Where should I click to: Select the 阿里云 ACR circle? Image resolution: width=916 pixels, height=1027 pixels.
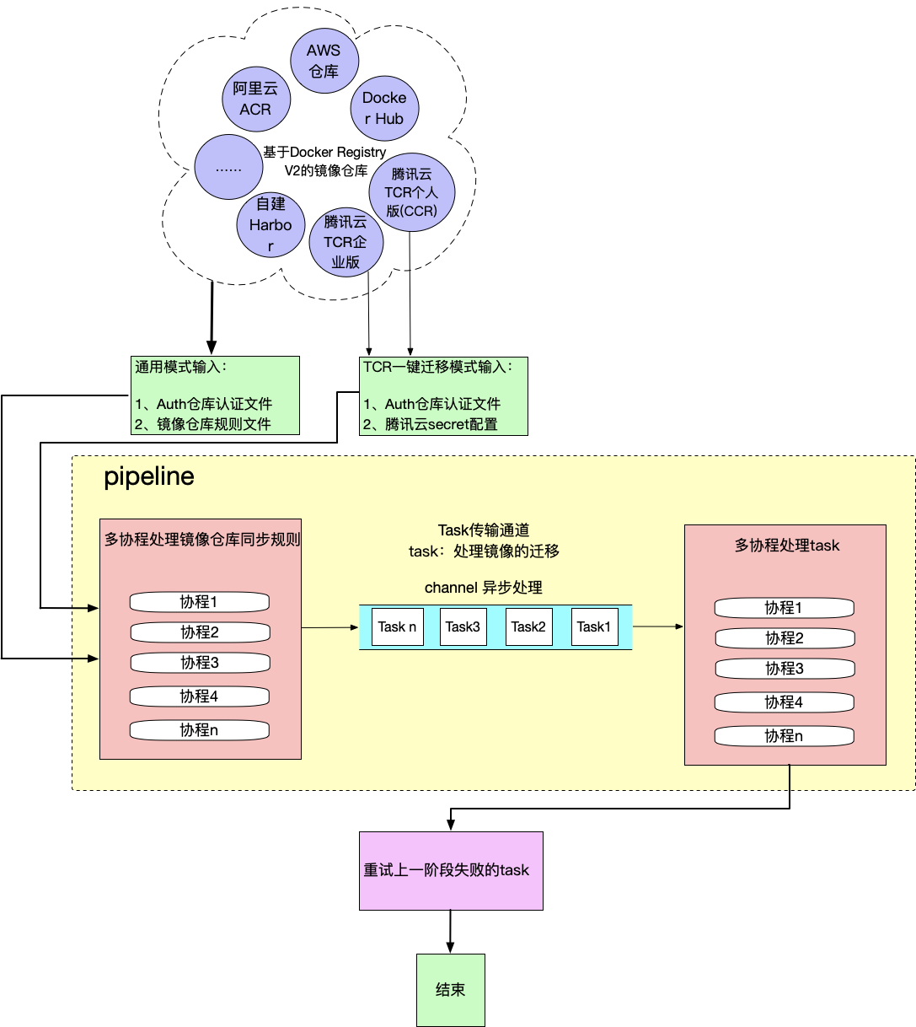coord(255,99)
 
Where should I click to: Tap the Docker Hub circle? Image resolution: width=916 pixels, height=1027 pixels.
coord(384,108)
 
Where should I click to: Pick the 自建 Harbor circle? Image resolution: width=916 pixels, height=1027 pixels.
coord(271,224)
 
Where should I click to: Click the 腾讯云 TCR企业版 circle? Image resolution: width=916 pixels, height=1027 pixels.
coord(346,242)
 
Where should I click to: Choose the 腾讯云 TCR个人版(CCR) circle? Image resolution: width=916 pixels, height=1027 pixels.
coord(412,192)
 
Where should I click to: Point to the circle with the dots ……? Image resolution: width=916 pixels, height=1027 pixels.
coord(228,167)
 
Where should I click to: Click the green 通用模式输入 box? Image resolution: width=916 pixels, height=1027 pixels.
coord(216,395)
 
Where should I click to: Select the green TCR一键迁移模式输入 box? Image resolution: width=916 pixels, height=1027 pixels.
coord(443,395)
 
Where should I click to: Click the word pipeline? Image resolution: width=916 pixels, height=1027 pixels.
coord(149,476)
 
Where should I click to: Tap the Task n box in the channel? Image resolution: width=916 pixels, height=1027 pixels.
coord(397,626)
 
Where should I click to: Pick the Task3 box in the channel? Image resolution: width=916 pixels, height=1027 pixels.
coord(463,626)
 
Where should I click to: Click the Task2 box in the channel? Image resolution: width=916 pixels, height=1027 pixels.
coord(528,626)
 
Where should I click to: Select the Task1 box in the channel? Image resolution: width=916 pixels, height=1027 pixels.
coord(594,626)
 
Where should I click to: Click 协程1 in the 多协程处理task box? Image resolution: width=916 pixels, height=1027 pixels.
coord(784,608)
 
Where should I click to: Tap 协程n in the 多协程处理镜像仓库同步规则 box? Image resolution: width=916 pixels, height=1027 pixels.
coord(199,730)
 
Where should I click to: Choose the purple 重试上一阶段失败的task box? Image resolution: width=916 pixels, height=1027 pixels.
coord(451,870)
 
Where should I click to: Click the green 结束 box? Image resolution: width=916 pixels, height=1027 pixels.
coord(451,990)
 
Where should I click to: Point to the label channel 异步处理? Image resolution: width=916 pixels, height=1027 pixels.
coord(483,588)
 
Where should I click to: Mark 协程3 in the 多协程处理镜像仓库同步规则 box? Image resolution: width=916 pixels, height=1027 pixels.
coord(199,663)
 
